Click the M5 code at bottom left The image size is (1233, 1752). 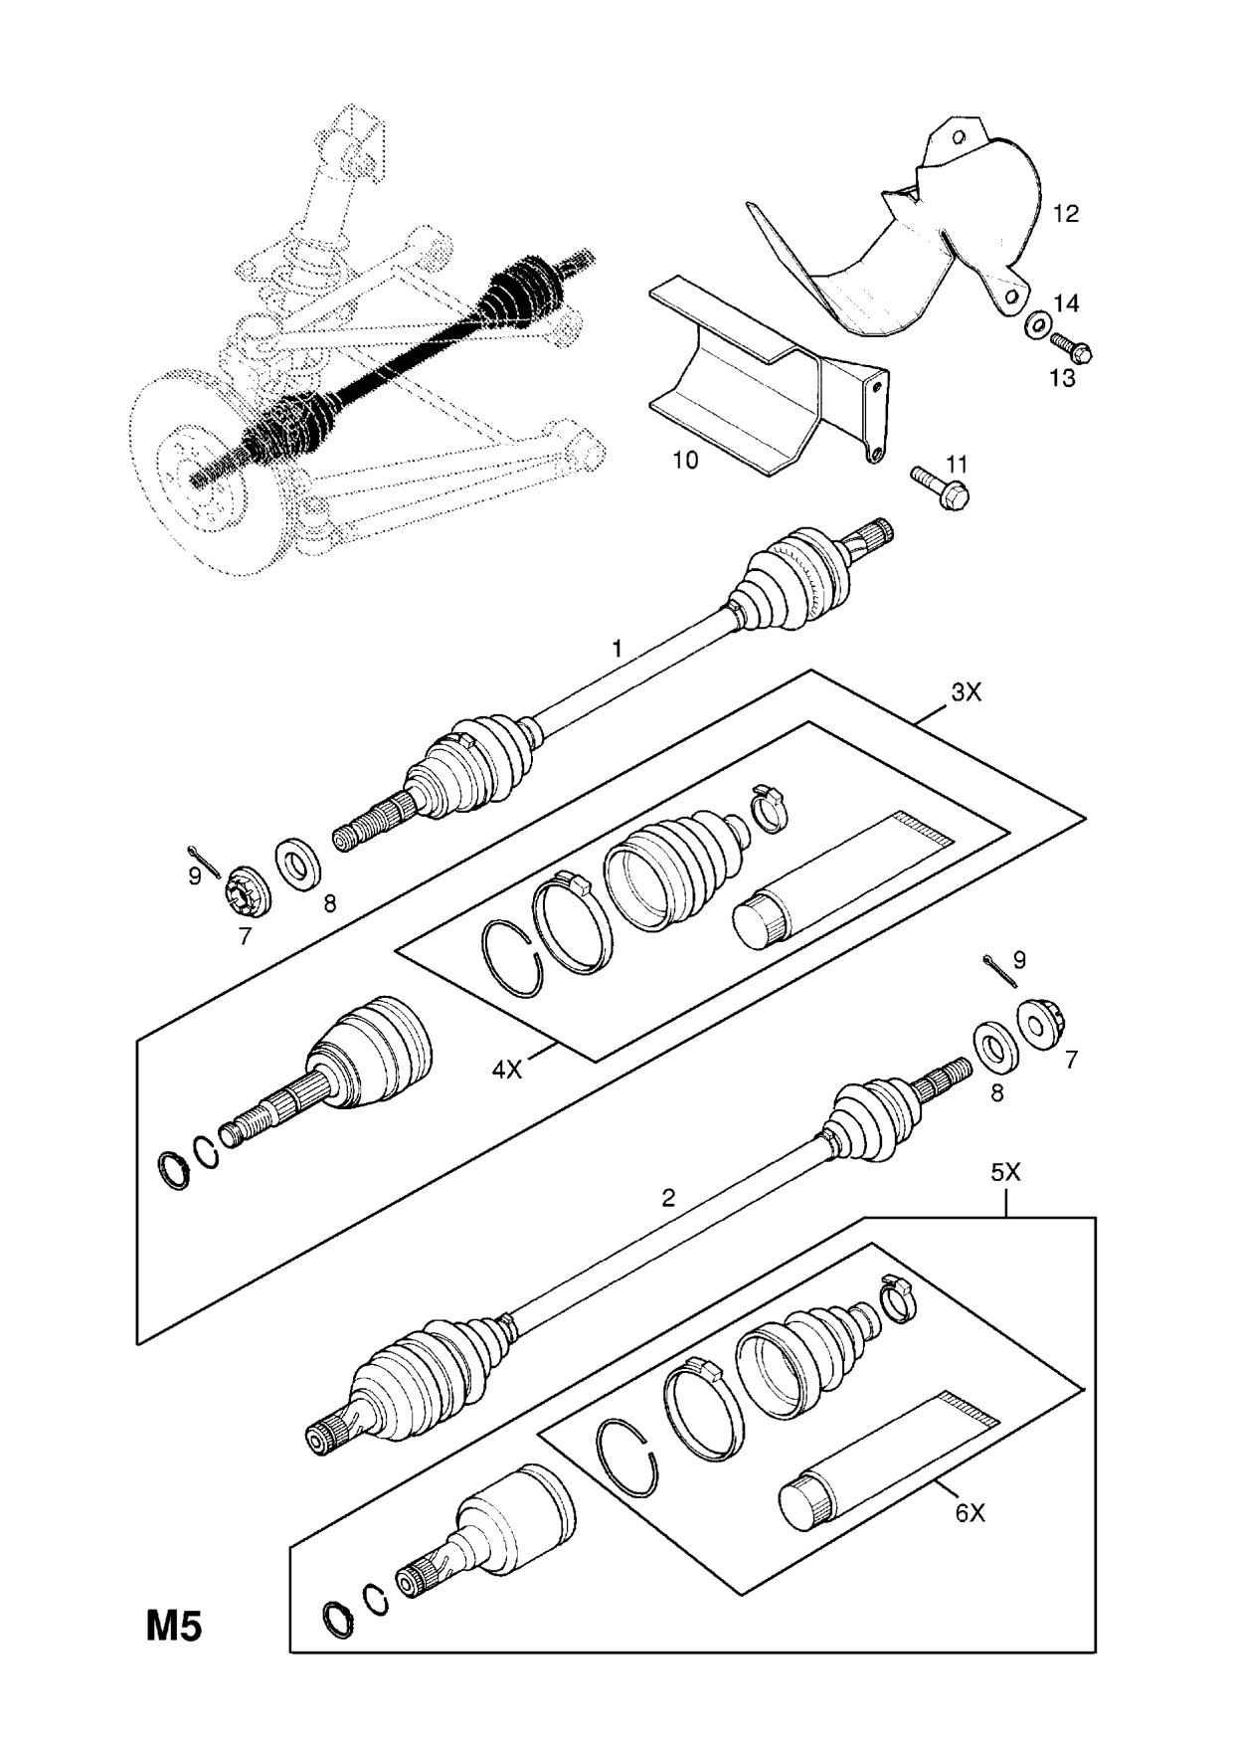175,1628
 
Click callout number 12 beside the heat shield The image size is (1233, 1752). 1065,213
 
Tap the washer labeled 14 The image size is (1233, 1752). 1038,324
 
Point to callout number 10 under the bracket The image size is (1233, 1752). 685,460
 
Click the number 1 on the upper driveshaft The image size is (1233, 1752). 616,649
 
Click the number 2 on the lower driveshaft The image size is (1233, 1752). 667,1198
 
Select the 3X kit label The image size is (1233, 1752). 965,691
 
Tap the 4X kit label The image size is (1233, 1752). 507,1070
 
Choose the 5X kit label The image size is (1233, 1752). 1005,1173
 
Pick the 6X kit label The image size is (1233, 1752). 969,1541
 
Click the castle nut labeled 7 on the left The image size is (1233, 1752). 244,884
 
